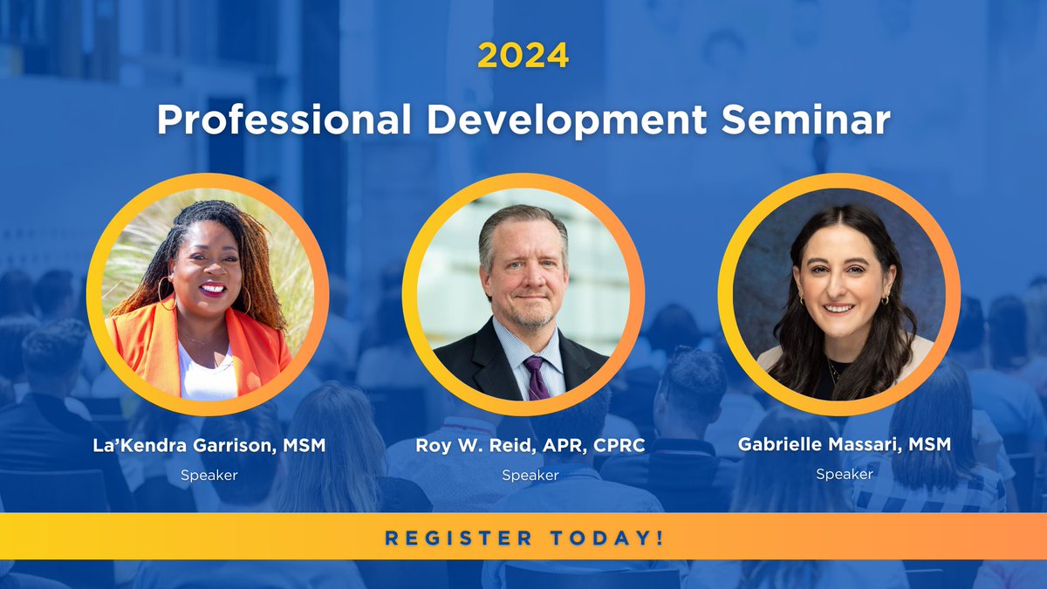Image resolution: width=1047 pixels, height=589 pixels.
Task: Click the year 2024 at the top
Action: tap(523, 55)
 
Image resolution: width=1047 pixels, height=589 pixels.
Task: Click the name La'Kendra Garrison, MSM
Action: tap(209, 445)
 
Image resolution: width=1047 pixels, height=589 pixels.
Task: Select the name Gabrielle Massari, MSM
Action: tap(844, 444)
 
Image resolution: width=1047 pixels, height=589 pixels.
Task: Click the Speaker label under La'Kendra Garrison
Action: tap(209, 476)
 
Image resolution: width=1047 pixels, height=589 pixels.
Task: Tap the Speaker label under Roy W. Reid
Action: tap(530, 476)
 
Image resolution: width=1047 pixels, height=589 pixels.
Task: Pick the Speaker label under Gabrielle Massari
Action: tap(844, 474)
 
